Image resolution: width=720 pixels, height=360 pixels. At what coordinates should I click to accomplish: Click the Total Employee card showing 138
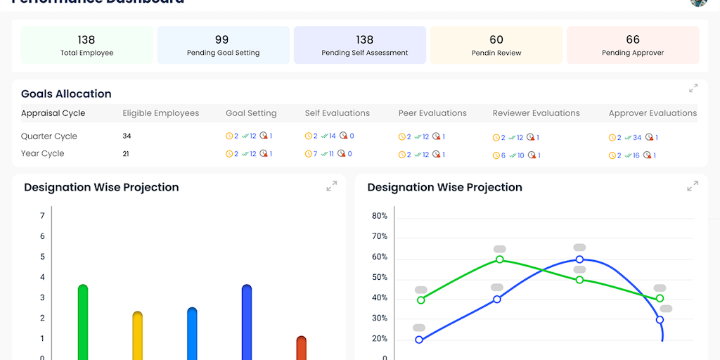(x=86, y=45)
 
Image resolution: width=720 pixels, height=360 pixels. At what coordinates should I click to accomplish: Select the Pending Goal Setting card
(x=223, y=45)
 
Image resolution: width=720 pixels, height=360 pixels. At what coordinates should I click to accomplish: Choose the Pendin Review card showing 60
(x=496, y=45)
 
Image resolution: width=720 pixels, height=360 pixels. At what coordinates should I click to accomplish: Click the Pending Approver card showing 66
(x=633, y=45)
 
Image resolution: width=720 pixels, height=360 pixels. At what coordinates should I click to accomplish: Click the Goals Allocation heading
(x=66, y=94)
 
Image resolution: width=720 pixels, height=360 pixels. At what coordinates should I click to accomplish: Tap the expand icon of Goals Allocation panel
(x=693, y=89)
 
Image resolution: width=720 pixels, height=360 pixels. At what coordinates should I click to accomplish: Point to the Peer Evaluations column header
(x=432, y=113)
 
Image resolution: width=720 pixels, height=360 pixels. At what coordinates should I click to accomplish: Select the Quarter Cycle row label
(x=49, y=136)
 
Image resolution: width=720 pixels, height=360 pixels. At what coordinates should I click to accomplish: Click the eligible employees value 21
(x=127, y=153)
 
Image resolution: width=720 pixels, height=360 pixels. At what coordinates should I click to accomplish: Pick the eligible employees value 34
(x=127, y=136)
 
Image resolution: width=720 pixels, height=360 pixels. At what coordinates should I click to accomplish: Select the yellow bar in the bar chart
(x=137, y=335)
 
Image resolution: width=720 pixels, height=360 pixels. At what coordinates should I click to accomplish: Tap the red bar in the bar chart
(x=302, y=347)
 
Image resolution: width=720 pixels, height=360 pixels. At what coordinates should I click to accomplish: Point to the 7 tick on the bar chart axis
(x=42, y=216)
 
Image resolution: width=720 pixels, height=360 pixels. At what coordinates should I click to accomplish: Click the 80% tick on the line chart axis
(x=380, y=216)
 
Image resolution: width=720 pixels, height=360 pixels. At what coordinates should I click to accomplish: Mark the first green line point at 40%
(x=421, y=300)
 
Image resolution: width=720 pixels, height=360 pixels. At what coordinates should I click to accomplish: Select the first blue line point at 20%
(x=419, y=340)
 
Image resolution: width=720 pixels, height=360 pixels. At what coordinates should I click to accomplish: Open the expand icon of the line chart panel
(x=693, y=186)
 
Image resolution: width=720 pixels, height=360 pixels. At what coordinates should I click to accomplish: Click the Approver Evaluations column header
(x=652, y=113)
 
